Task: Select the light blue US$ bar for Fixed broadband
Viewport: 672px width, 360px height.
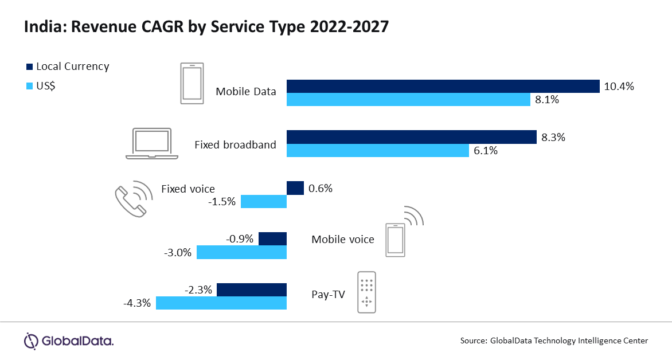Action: point(378,151)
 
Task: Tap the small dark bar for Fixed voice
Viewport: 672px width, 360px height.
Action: point(295,188)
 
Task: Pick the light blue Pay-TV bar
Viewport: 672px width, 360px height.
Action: point(221,303)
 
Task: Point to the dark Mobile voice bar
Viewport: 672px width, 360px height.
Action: point(272,238)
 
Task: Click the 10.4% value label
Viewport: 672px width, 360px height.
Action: point(619,87)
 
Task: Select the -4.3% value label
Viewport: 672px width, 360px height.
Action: point(137,303)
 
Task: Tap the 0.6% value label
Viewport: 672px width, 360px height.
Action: point(321,188)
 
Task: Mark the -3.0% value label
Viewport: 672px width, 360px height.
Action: point(178,252)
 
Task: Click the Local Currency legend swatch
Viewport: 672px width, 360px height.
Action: point(29,66)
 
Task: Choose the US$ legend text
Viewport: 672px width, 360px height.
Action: point(46,86)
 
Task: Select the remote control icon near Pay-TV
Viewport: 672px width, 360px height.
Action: point(366,292)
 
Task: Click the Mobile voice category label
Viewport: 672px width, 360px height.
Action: point(342,239)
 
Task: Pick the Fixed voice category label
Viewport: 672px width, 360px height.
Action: point(188,189)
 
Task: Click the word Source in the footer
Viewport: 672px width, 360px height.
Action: point(473,341)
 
